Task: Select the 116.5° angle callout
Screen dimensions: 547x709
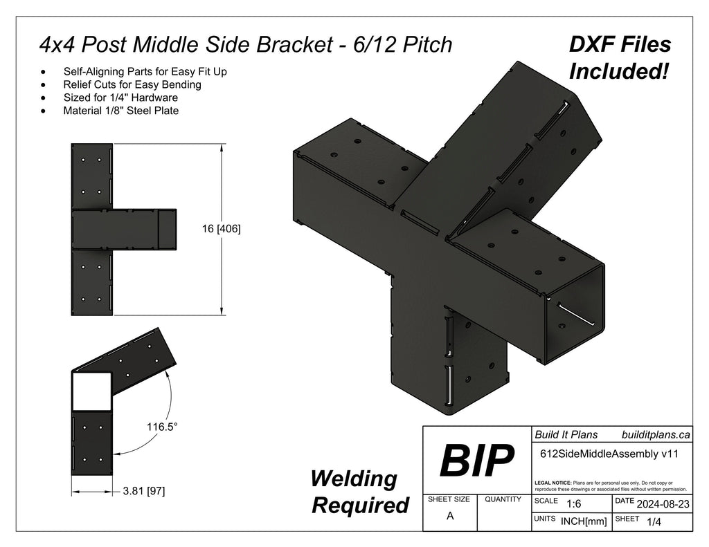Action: [162, 427]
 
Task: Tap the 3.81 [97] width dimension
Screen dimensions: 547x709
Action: [143, 492]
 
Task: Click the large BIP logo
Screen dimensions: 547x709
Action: [477, 461]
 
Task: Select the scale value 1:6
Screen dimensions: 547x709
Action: [573, 504]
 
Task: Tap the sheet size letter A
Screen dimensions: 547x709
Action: [450, 515]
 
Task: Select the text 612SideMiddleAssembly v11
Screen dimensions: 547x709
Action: [607, 454]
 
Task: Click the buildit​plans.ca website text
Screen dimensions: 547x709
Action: [656, 435]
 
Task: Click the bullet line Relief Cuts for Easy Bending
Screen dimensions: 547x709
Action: [132, 84]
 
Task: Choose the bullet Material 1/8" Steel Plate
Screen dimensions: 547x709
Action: [120, 111]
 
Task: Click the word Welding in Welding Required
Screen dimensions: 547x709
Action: [354, 479]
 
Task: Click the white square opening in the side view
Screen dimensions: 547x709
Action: [91, 392]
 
